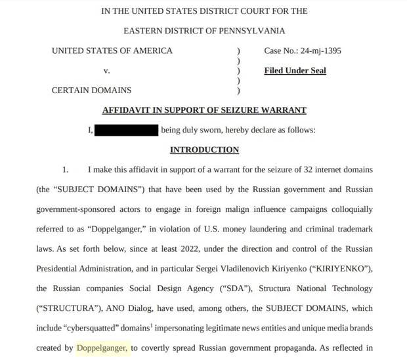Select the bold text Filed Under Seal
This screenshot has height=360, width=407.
[x=295, y=70]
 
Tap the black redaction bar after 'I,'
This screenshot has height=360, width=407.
[x=127, y=130]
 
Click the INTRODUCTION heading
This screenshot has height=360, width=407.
[x=204, y=150]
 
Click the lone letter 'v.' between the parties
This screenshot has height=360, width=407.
[x=106, y=70]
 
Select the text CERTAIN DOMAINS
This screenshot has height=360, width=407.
[x=91, y=90]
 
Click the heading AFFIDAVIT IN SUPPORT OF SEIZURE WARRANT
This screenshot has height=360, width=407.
[x=204, y=110]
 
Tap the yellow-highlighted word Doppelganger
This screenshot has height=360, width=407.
[x=102, y=348]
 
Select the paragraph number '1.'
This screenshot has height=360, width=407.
[x=66, y=169]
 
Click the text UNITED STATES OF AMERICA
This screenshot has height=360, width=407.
[x=112, y=50]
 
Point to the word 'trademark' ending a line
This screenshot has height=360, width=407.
[x=352, y=229]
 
